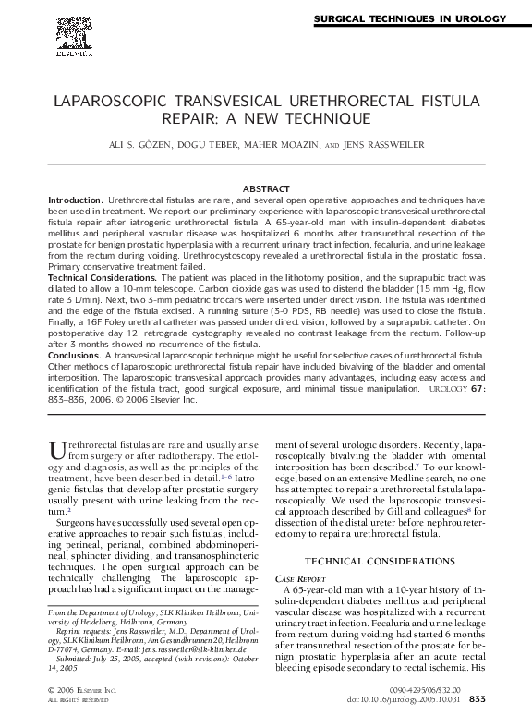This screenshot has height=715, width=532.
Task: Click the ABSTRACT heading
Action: [x=266, y=188]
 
